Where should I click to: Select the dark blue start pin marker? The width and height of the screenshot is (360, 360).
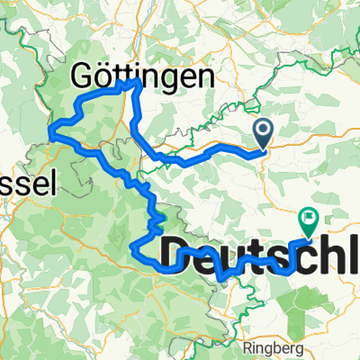coord(264,135)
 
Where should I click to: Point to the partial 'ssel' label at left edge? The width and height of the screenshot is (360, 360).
coord(27,184)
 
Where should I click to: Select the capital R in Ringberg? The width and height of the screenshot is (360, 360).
coord(247,343)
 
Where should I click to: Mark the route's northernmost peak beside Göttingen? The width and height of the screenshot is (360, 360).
coord(138,80)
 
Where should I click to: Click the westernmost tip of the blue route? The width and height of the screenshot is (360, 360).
coord(49,136)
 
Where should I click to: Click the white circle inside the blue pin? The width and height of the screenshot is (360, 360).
coord(264,131)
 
